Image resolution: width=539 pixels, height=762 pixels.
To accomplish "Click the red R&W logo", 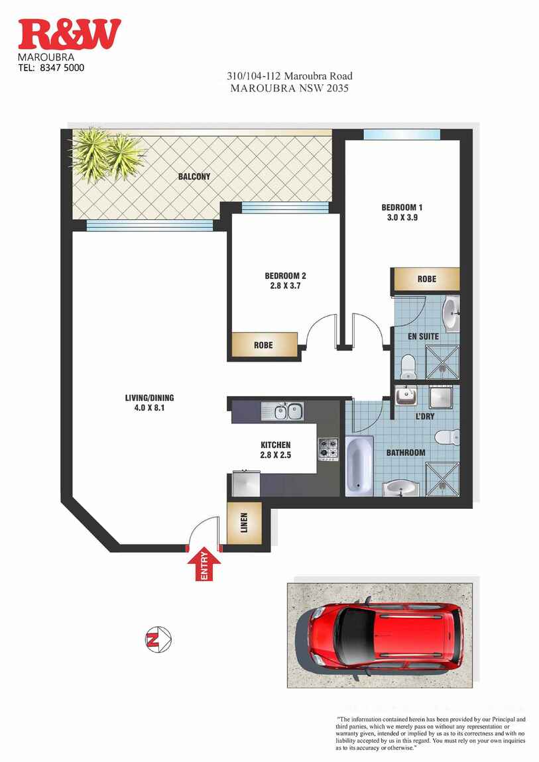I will [x=70, y=34].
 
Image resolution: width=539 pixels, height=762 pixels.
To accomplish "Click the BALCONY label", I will [x=194, y=177].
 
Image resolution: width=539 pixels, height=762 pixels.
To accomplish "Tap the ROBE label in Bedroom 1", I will [x=426, y=279].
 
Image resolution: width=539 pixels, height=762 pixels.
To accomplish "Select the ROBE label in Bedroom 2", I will [x=263, y=345].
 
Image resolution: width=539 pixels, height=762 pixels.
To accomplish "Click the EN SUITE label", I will [x=423, y=337].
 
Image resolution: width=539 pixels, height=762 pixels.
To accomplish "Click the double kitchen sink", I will [x=282, y=411].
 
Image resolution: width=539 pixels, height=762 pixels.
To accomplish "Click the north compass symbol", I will [x=158, y=639].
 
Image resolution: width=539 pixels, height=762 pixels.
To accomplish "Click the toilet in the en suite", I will [x=408, y=364].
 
